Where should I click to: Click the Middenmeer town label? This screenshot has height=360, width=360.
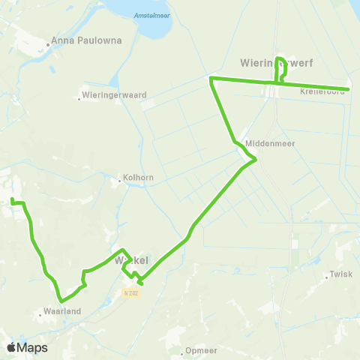tap(263, 143)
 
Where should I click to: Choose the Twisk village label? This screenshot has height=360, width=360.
tap(340, 274)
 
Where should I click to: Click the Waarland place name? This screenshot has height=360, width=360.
tap(62, 310)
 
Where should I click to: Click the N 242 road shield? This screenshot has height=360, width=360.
tap(132, 293)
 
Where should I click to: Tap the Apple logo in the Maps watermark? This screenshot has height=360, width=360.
tap(11, 347)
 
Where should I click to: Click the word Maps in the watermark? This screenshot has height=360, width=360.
tap(32, 347)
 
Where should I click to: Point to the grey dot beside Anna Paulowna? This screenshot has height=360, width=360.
tap(48, 43)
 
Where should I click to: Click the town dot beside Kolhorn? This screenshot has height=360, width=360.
tap(120, 180)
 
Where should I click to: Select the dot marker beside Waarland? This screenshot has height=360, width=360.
tap(40, 314)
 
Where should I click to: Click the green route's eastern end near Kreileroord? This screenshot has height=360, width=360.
tap(349, 90)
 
